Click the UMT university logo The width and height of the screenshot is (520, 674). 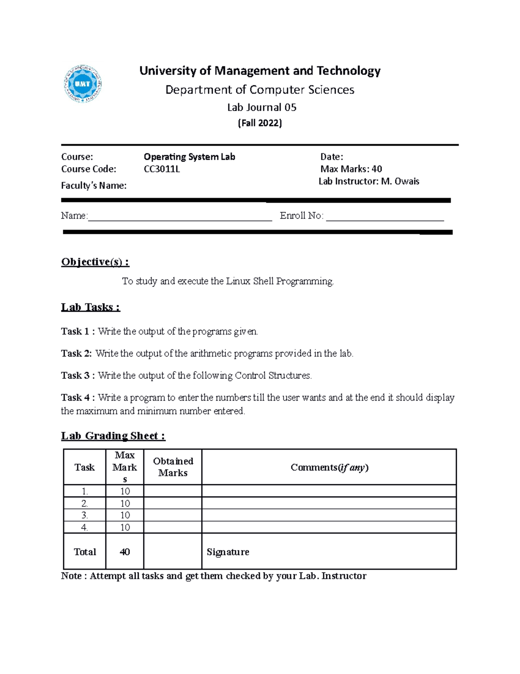pyautogui.click(x=83, y=84)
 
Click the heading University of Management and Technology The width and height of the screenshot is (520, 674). pyautogui.click(x=260, y=71)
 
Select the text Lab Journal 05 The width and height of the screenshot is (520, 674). pyautogui.click(x=261, y=107)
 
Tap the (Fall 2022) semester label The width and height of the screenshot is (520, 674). pyautogui.click(x=260, y=123)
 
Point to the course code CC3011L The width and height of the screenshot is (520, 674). pyautogui.click(x=162, y=169)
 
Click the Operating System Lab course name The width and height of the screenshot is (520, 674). pyautogui.click(x=189, y=157)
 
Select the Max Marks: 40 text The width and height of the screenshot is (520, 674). pyautogui.click(x=351, y=169)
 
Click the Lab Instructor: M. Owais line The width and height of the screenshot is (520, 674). pyautogui.click(x=369, y=181)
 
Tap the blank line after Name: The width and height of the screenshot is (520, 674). pyautogui.click(x=180, y=217)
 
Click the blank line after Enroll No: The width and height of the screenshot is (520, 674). pyautogui.click(x=385, y=217)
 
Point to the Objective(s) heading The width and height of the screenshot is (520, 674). pyautogui.click(x=95, y=262)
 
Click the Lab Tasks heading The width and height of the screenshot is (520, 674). pyautogui.click(x=91, y=307)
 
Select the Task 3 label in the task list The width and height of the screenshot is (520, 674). pyautogui.click(x=78, y=375)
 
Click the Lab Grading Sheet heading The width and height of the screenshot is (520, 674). pyautogui.click(x=113, y=436)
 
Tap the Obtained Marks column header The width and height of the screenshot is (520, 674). pyautogui.click(x=173, y=467)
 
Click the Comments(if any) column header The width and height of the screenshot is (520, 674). pyautogui.click(x=329, y=467)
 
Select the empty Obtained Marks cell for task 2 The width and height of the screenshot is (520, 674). pyautogui.click(x=172, y=503)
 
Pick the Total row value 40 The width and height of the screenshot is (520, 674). pyautogui.click(x=125, y=552)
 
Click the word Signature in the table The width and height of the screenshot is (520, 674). pyautogui.click(x=228, y=552)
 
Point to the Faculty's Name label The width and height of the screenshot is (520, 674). pyautogui.click(x=94, y=186)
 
